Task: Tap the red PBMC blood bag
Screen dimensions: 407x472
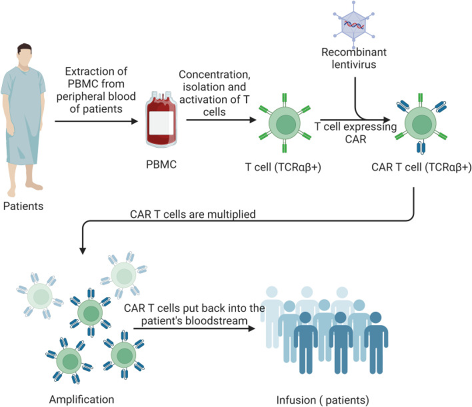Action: pos(160,121)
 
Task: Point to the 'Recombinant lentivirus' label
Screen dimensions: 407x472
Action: pos(354,58)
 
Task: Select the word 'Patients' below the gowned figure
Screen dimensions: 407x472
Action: pos(24,205)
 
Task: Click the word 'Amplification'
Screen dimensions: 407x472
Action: pos(81,399)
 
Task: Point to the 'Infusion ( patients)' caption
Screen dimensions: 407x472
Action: pos(323,400)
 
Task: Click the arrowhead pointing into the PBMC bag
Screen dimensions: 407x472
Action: pos(134,123)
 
